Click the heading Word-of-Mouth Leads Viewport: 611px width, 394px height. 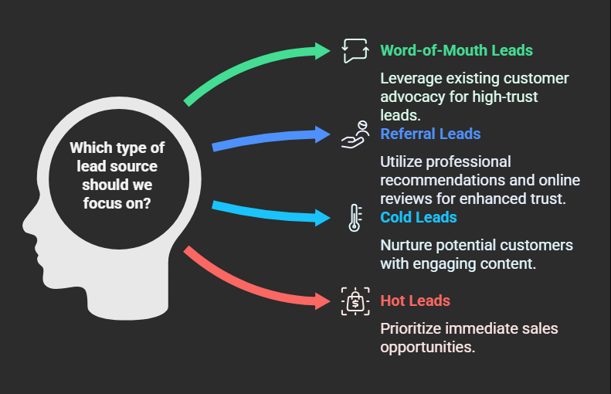coord(457,51)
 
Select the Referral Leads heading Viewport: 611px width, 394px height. coord(430,134)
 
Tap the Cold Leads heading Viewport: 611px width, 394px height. coord(418,217)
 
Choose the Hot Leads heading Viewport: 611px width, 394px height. coord(415,301)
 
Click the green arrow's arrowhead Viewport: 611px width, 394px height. coord(323,51)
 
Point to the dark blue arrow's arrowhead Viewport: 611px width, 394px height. coord(323,134)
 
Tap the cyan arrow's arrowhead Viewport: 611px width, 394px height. coord(323,217)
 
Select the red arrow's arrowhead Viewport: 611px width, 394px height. coord(323,301)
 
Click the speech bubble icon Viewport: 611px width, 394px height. coord(355,51)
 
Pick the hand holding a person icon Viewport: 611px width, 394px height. coord(355,134)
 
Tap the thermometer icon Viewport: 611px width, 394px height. coord(355,218)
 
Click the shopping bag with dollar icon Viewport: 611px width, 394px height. coord(355,301)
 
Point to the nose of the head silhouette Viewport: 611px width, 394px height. coord(26,226)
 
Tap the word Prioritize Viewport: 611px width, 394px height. coord(411,328)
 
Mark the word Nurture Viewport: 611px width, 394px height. coord(406,246)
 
